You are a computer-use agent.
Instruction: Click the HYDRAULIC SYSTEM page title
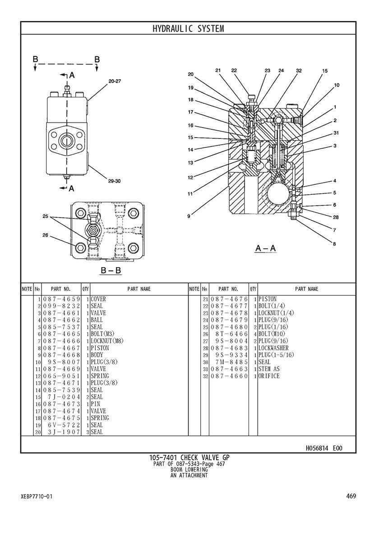coord(188,29)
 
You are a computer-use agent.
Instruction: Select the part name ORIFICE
coord(269,376)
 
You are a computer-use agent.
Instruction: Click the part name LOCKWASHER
coord(273,348)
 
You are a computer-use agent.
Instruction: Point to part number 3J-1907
coord(64,432)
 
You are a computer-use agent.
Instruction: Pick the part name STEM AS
coord(269,369)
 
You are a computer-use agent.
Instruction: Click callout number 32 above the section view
coord(299,71)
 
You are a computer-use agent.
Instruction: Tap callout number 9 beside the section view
coord(189,216)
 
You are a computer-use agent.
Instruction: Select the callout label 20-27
coord(115,81)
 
